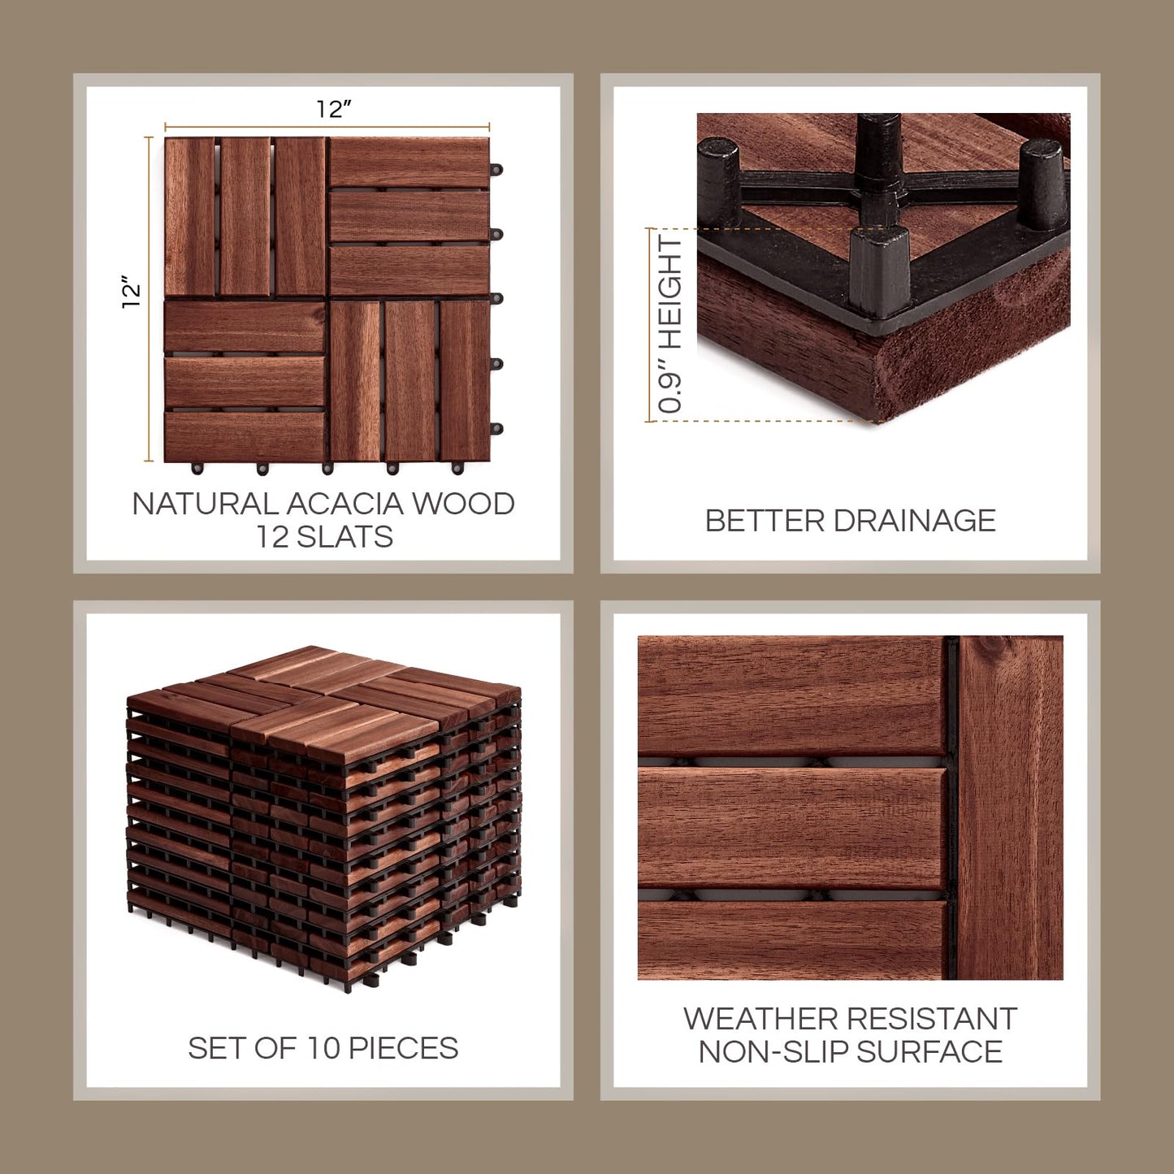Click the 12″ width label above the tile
tap(333, 109)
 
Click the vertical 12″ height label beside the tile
tap(131, 292)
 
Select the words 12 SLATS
tap(324, 537)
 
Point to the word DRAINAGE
tap(915, 521)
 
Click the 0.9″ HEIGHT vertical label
tap(670, 325)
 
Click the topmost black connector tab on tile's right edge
tap(496, 170)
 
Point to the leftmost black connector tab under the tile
tap(197, 468)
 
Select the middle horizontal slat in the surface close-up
tap(792, 827)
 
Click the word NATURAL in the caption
tap(205, 504)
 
